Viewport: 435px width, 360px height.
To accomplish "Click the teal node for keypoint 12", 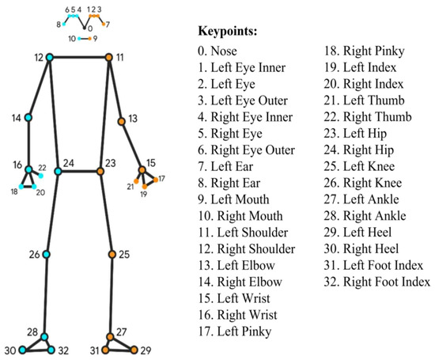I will (x=49, y=57).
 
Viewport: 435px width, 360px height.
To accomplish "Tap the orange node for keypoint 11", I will (x=108, y=57).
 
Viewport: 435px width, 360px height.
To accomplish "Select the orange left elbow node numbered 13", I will (x=121, y=122).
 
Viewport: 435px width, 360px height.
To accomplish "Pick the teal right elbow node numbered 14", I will (x=28, y=118).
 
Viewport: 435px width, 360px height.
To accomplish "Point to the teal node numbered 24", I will (x=58, y=171).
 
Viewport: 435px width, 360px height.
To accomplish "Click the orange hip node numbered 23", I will (x=100, y=171).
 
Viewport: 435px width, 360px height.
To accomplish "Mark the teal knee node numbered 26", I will (x=46, y=255).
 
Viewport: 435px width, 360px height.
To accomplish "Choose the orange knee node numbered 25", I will (x=112, y=255).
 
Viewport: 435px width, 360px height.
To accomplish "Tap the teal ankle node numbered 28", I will (x=43, y=335).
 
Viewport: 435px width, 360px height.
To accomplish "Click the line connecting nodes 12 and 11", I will (x=79, y=57).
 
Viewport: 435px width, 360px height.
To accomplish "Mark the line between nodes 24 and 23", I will (x=79, y=171).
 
